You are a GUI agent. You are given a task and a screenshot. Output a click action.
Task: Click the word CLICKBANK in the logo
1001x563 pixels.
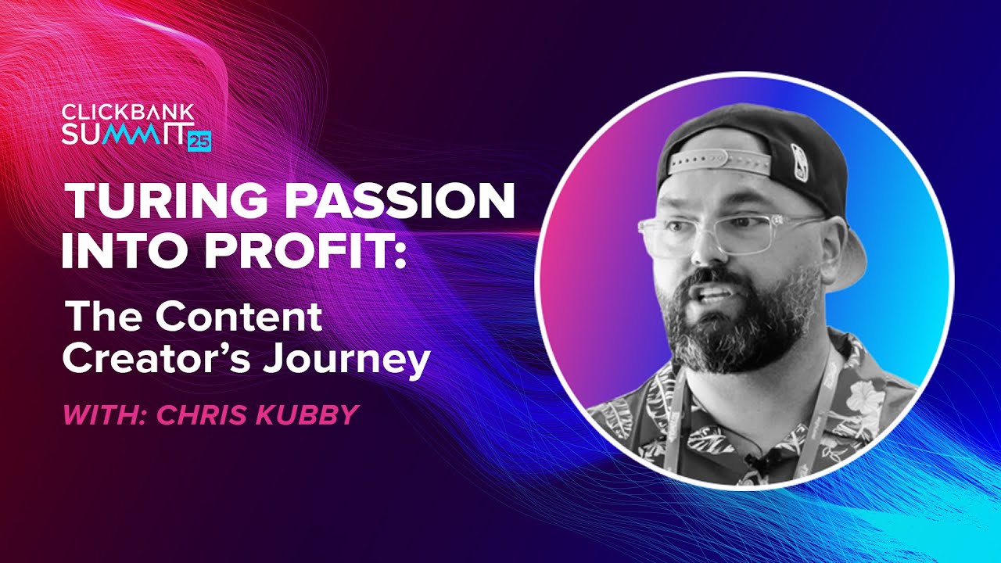[x=128, y=112]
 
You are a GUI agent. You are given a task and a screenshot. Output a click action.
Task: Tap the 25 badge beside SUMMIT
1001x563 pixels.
[x=199, y=142]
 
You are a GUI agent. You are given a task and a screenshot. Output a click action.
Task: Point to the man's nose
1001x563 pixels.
[x=706, y=249]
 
